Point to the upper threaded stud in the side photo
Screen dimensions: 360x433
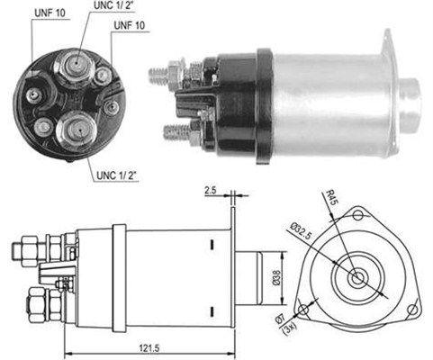point(162,70)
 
